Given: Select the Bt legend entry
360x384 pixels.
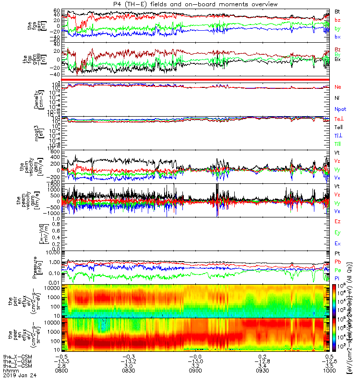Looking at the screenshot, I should [338, 11].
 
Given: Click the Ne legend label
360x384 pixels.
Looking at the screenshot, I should [338, 87].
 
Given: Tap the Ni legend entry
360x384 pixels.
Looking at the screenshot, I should [337, 98].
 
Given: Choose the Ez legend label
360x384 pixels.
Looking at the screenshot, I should [338, 222].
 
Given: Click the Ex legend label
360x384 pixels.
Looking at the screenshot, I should [338, 244].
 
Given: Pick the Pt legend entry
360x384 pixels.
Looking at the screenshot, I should [337, 253].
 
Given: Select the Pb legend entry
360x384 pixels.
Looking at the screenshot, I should [338, 262].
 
